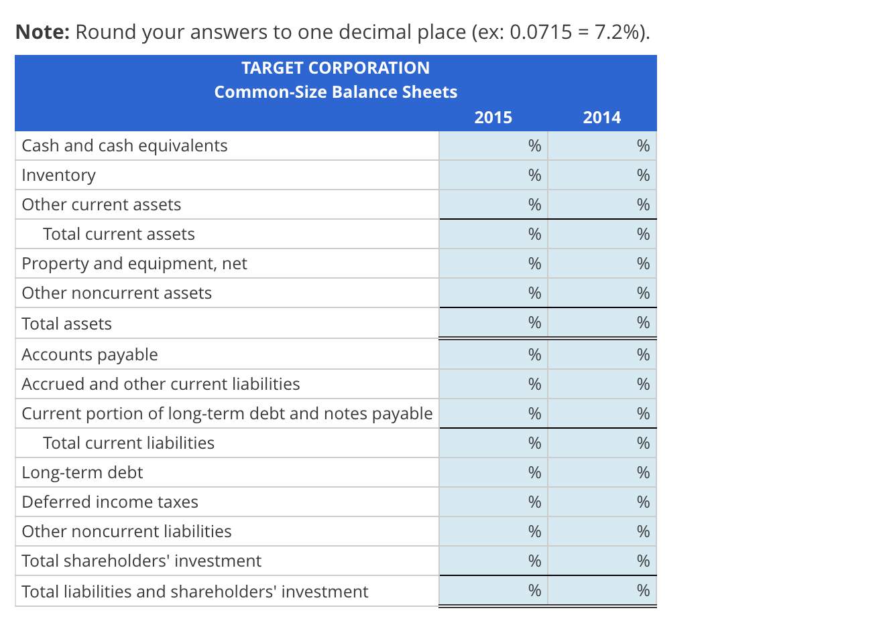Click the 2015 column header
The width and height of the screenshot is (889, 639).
pyautogui.click(x=493, y=118)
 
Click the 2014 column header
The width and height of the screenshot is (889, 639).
pyautogui.click(x=601, y=118)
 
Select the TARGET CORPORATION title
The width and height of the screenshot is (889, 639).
pyautogui.click(x=335, y=68)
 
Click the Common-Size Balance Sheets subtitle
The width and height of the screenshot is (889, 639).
pyautogui.click(x=335, y=92)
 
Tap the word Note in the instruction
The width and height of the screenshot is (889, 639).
pyautogui.click(x=42, y=32)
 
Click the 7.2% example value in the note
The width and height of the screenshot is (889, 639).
pyautogui.click(x=619, y=32)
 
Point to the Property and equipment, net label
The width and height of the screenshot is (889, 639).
pyautogui.click(x=134, y=264)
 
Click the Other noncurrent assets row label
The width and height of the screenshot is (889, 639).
pyautogui.click(x=117, y=293)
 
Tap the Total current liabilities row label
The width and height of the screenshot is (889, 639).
pyautogui.click(x=129, y=443)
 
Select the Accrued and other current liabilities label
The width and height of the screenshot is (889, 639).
pyautogui.click(x=161, y=384)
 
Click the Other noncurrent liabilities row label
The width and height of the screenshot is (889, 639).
pyautogui.click(x=127, y=532)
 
